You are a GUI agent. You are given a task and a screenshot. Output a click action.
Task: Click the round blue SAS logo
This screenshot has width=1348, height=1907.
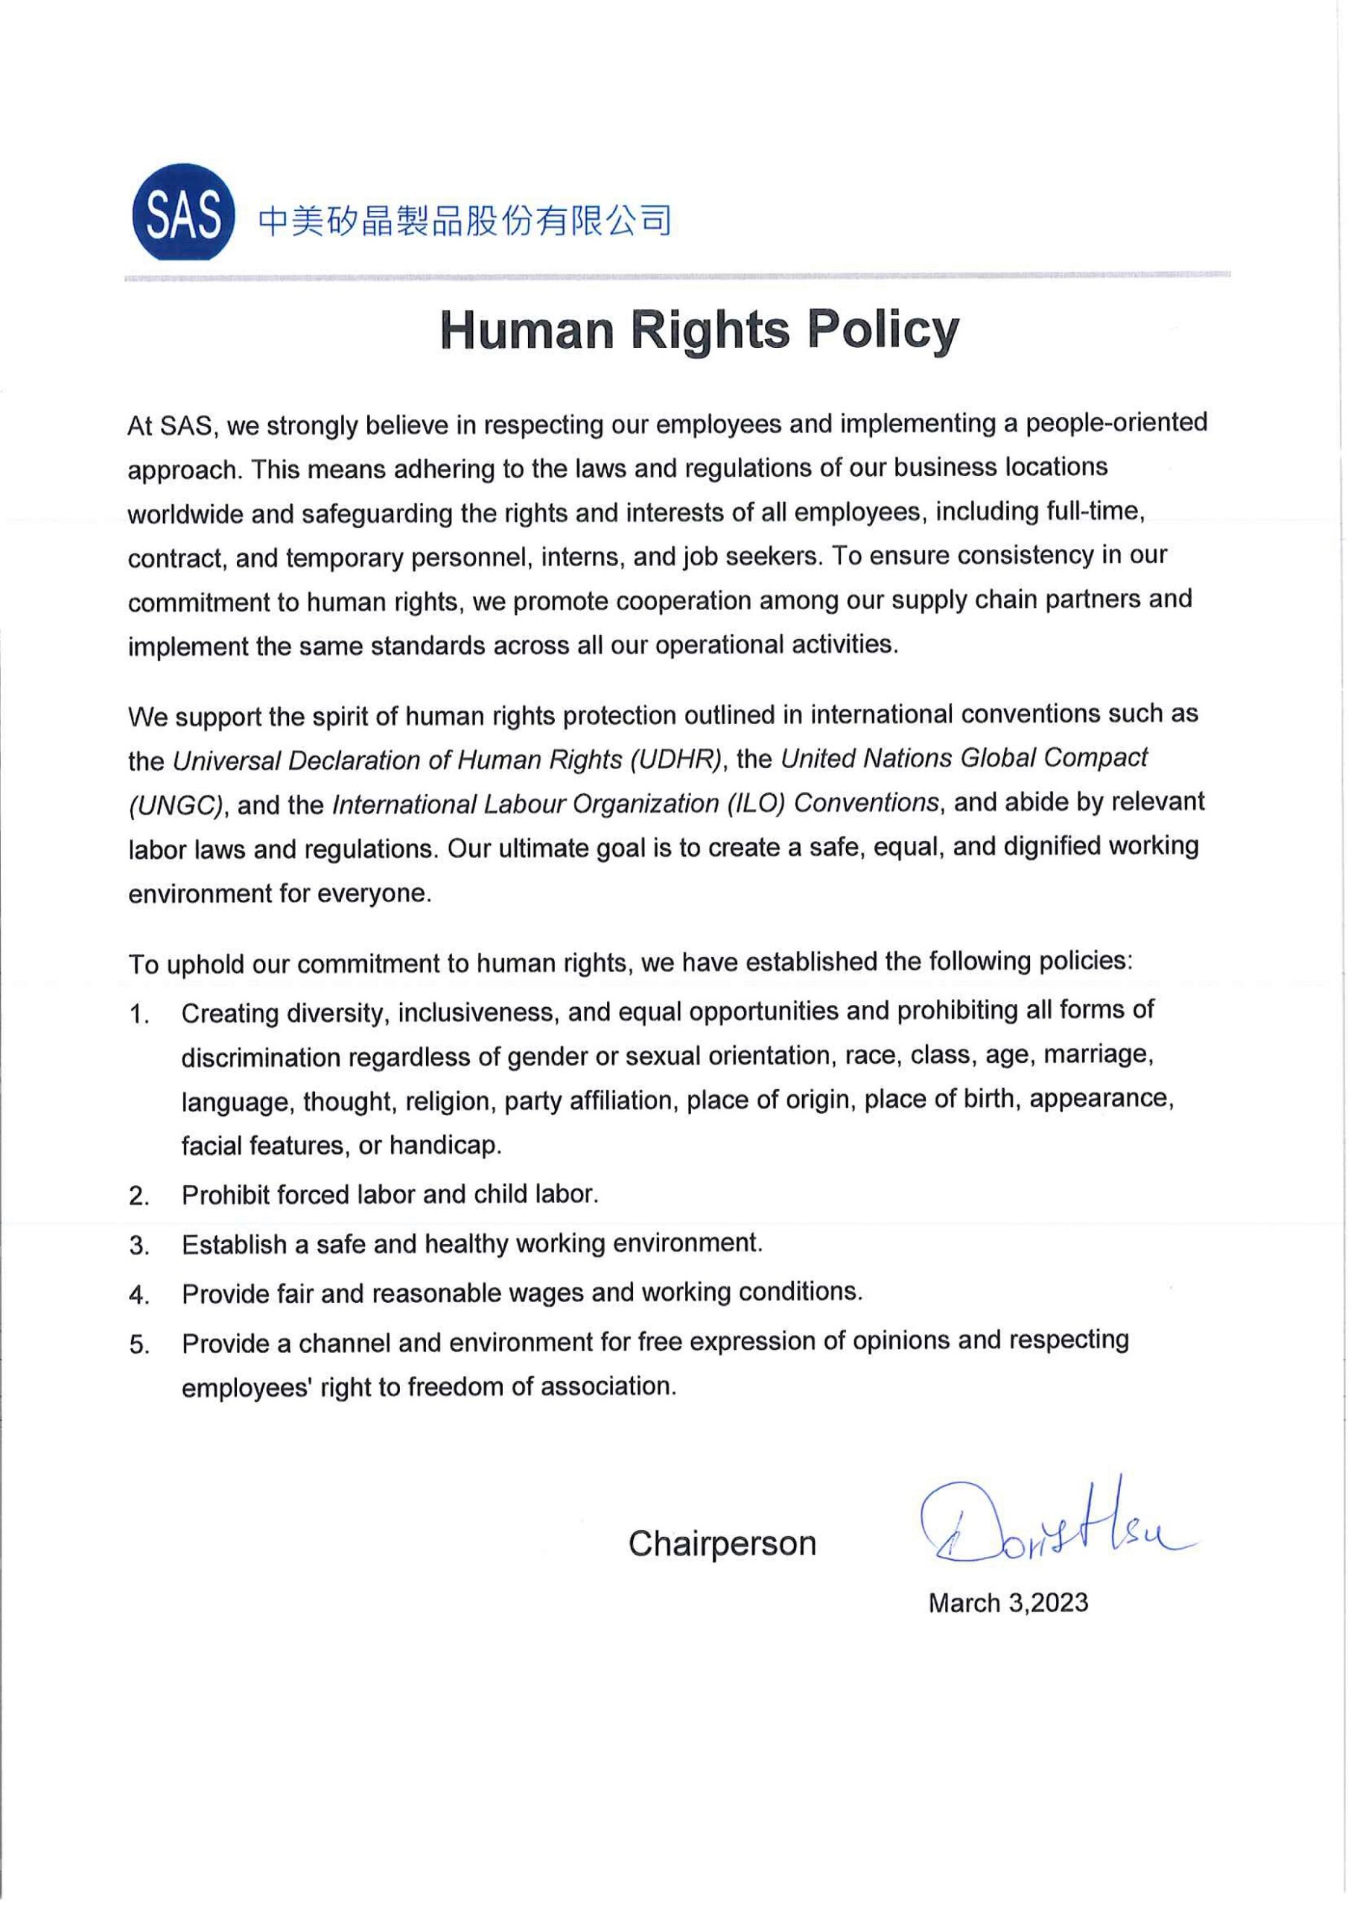[x=182, y=212]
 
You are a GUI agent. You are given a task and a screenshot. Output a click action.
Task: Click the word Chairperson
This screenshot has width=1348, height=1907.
[x=722, y=1544]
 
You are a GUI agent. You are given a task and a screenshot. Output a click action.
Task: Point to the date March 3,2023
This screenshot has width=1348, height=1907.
[x=1008, y=1603]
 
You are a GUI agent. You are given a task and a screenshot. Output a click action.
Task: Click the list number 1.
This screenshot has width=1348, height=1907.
[x=139, y=1016]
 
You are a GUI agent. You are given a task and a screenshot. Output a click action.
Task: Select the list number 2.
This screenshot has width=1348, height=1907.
[x=139, y=1197]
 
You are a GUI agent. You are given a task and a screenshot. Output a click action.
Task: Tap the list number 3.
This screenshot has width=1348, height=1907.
[x=139, y=1246]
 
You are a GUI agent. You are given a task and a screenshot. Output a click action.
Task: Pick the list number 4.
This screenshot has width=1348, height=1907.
[x=139, y=1295]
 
